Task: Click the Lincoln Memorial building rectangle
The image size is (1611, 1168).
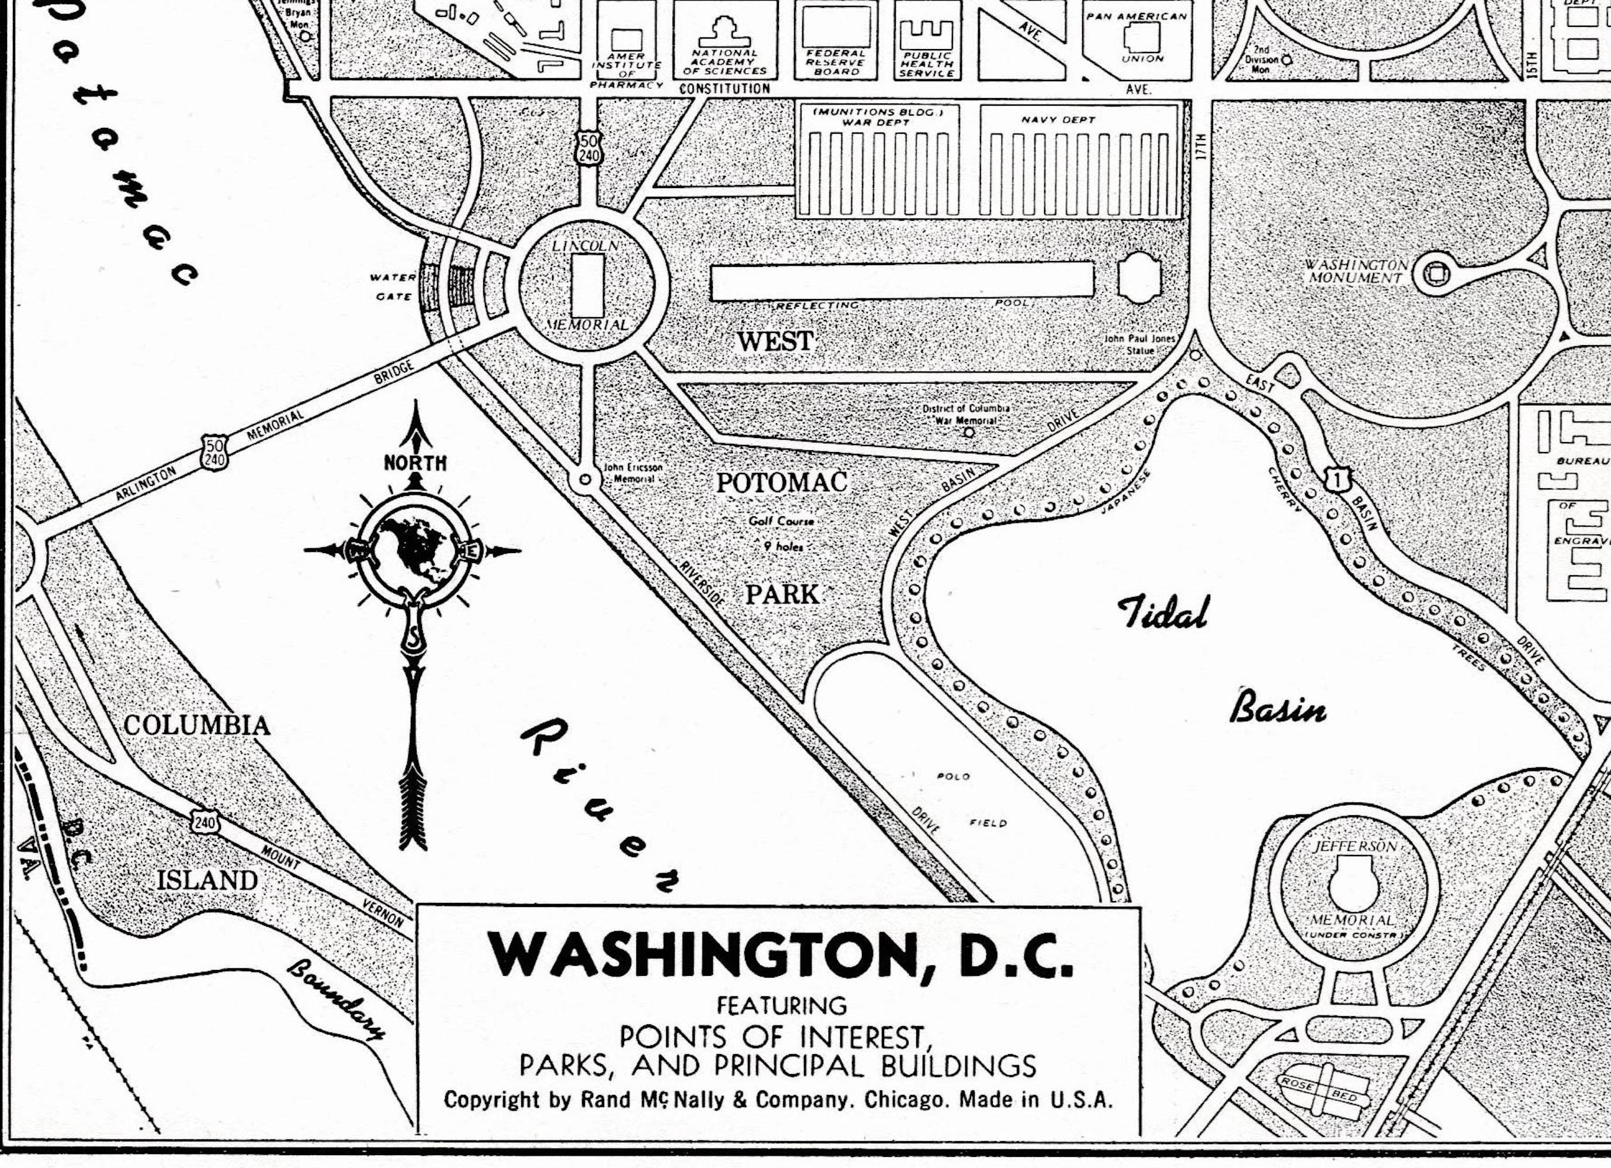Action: [x=588, y=286]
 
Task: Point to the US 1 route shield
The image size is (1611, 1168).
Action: [x=1338, y=479]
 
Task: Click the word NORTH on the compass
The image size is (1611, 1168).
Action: [x=415, y=464]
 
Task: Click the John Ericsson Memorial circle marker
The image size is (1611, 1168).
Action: [x=584, y=480]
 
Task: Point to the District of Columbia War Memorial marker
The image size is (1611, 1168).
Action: [x=969, y=431]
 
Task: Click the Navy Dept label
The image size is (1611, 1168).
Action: [x=1058, y=120]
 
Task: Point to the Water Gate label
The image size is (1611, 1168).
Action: [x=392, y=287]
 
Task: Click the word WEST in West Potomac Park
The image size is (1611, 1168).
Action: [x=775, y=342]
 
